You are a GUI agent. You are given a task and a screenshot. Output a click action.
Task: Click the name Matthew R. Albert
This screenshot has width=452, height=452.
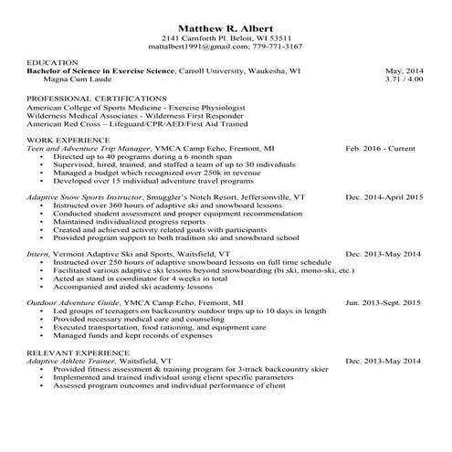click(225, 26)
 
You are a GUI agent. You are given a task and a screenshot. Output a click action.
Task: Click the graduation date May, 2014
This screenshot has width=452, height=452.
click(405, 70)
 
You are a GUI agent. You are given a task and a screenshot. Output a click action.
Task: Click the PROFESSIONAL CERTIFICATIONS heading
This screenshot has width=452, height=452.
click(95, 97)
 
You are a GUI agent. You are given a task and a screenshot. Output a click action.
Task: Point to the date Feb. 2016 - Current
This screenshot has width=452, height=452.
click(384, 147)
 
